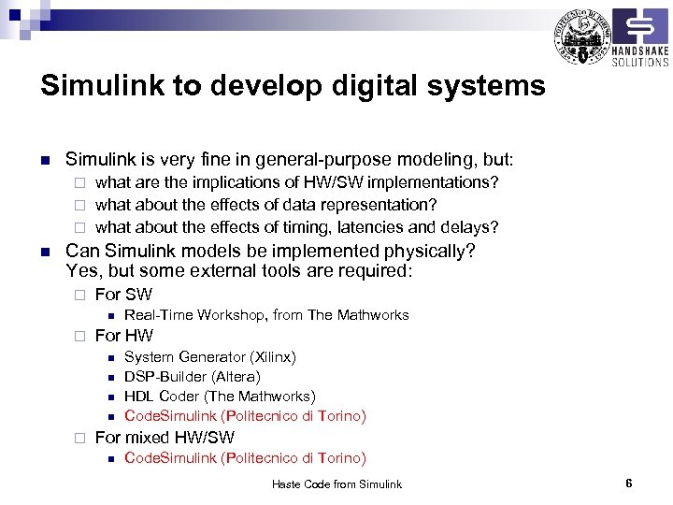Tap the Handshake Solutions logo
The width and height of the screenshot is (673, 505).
click(640, 37)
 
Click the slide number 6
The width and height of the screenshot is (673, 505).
click(629, 483)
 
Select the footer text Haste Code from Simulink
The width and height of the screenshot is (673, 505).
click(336, 484)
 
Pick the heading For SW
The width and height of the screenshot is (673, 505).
click(123, 296)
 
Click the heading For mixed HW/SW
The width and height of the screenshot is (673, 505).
click(165, 438)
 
